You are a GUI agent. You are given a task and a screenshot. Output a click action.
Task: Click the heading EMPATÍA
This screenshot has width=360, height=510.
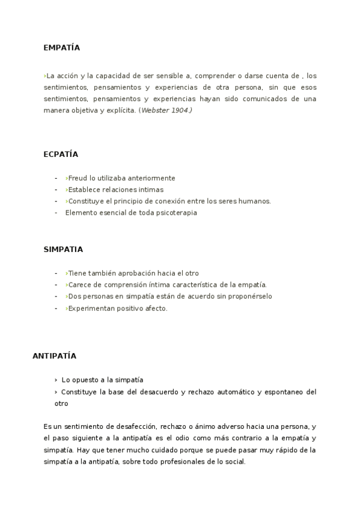click(x=61, y=48)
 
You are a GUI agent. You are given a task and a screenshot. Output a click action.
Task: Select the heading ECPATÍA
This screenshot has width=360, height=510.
click(x=61, y=154)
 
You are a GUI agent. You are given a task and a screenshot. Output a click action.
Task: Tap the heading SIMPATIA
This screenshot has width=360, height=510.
click(x=63, y=249)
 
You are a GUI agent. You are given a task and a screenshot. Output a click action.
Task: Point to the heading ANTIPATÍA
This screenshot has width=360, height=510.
click(x=54, y=355)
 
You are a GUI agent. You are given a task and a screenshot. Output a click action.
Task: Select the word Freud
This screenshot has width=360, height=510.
click(x=78, y=178)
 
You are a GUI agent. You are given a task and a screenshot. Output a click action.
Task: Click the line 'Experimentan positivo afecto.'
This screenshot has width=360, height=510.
click(x=117, y=308)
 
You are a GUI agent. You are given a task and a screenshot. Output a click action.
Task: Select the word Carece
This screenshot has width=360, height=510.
click(x=79, y=284)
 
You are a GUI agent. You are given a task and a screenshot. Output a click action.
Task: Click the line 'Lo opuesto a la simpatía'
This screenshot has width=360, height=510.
click(x=102, y=380)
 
